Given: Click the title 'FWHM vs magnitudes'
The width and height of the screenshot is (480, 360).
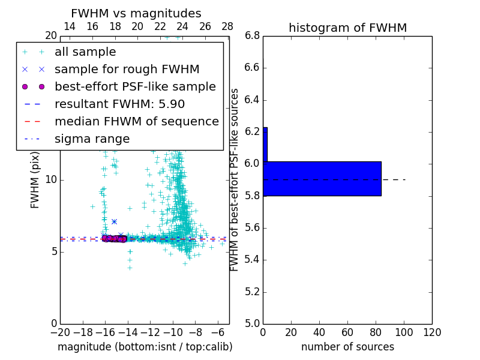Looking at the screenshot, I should click(x=136, y=13).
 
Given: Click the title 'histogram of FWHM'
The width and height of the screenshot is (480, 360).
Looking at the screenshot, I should click(x=347, y=28).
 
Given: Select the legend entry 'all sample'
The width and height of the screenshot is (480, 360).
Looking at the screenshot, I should click(x=85, y=52).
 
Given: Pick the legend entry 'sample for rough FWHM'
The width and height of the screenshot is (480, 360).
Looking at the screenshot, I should click(x=127, y=69).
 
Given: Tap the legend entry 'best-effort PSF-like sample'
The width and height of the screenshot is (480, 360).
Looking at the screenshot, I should click(x=135, y=86).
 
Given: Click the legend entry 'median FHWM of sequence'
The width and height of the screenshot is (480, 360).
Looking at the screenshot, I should click(x=136, y=121).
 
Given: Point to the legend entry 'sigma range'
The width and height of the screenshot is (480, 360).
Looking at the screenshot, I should click(x=92, y=139).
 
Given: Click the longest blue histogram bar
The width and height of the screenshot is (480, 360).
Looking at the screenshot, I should click(x=322, y=178).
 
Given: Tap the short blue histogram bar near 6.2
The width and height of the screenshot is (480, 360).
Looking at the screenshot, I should click(x=265, y=144).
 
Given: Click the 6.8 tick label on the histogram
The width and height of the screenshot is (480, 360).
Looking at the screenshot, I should click(x=252, y=36).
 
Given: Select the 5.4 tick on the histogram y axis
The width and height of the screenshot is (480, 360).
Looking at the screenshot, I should click(x=252, y=260).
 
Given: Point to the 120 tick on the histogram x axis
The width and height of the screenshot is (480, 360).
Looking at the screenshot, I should click(x=432, y=332).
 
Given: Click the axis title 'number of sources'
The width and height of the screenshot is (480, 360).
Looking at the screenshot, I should click(x=347, y=347).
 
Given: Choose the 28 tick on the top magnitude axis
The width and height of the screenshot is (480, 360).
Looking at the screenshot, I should click(x=227, y=26).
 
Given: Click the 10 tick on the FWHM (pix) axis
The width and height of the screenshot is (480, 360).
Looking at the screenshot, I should click(x=51, y=179).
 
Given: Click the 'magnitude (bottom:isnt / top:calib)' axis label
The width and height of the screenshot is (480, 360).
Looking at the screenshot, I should click(x=145, y=347).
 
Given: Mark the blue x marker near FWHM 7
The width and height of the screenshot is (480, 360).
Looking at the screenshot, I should click(x=114, y=221).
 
